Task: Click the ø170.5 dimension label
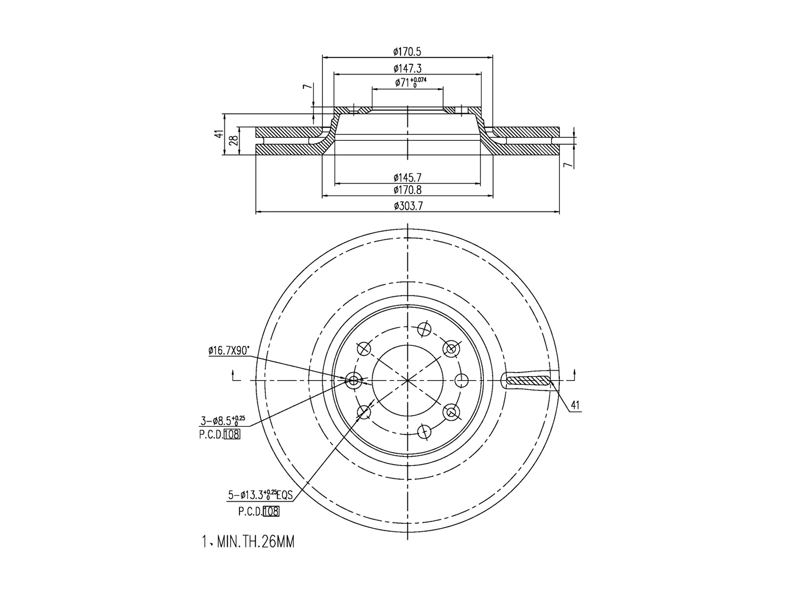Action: click(407, 51)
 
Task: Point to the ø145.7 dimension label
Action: click(407, 177)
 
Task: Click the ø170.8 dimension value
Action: click(407, 190)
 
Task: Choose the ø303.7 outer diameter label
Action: click(408, 207)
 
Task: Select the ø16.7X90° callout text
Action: click(229, 351)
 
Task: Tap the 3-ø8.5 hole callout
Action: click(222, 421)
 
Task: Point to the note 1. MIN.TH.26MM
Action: click(248, 543)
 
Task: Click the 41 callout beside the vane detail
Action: click(575, 406)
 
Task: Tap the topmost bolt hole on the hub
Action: click(423, 329)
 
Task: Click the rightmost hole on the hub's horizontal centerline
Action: click(461, 380)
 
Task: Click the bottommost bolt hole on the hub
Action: click(423, 431)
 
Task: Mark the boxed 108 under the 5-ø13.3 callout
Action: click(271, 511)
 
